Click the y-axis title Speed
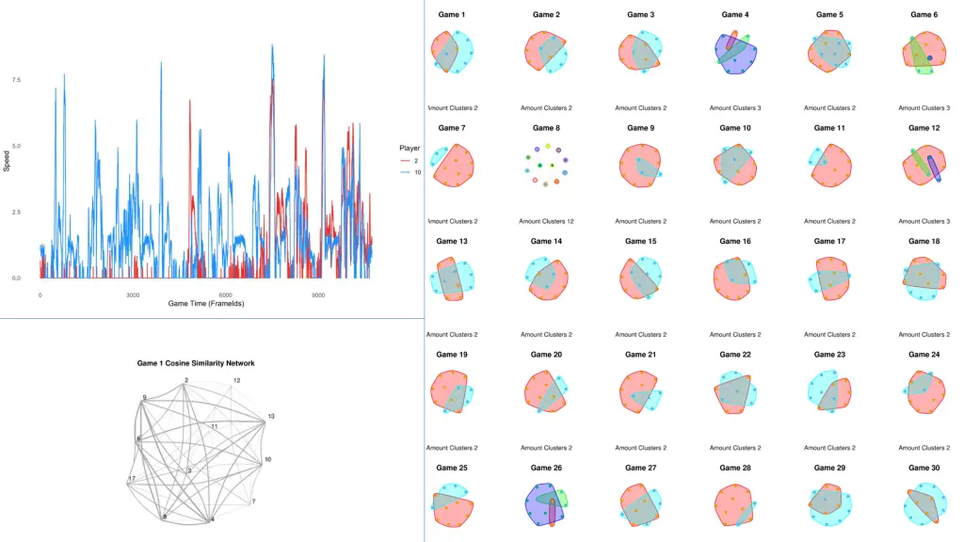click(x=7, y=162)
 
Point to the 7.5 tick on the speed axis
click(x=15, y=80)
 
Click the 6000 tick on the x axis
click(x=226, y=295)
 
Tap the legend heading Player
click(x=410, y=148)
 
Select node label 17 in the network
click(x=132, y=479)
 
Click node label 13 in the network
click(x=271, y=416)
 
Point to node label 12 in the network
click(x=236, y=380)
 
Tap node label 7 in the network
click(x=252, y=502)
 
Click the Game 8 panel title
click(x=545, y=128)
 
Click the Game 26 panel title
click(x=545, y=468)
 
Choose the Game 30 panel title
click(x=924, y=468)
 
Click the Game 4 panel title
click(x=734, y=15)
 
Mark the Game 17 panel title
click(x=828, y=242)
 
